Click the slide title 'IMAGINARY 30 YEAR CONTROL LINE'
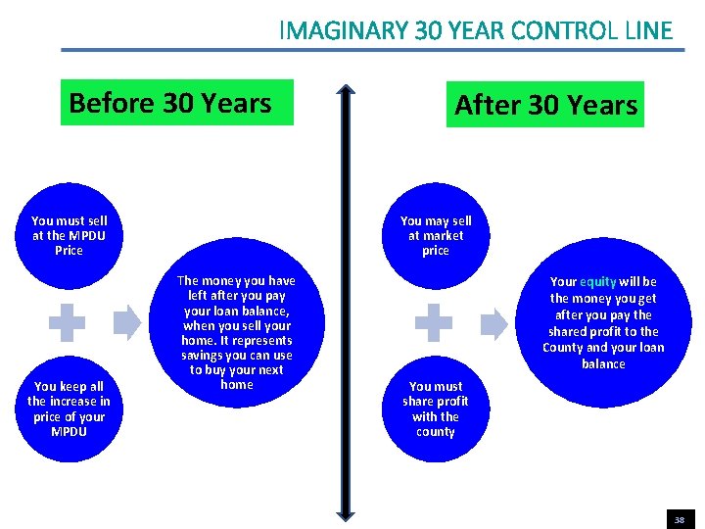[476, 30]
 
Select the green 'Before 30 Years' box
[176, 103]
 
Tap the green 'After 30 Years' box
[545, 105]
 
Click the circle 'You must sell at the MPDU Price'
[70, 236]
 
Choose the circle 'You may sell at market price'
[436, 236]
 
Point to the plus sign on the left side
[68, 322]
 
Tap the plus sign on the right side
[434, 322]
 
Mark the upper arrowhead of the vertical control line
[346, 92]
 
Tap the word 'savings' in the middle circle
[202, 355]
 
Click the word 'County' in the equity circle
[563, 348]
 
